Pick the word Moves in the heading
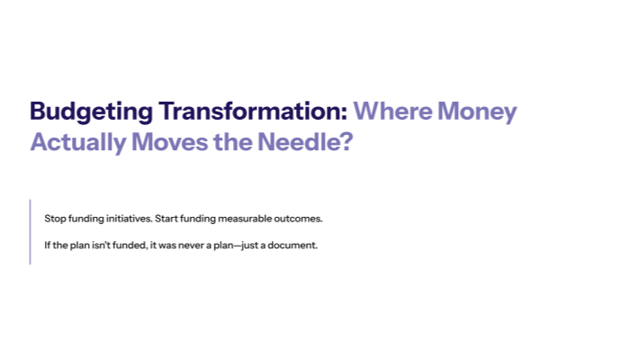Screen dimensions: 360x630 [x=168, y=142]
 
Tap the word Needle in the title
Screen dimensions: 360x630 [x=294, y=142]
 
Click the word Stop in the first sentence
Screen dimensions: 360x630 [x=53, y=219]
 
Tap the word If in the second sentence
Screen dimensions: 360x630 [x=47, y=245]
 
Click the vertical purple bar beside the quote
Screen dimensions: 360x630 [x=31, y=231]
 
